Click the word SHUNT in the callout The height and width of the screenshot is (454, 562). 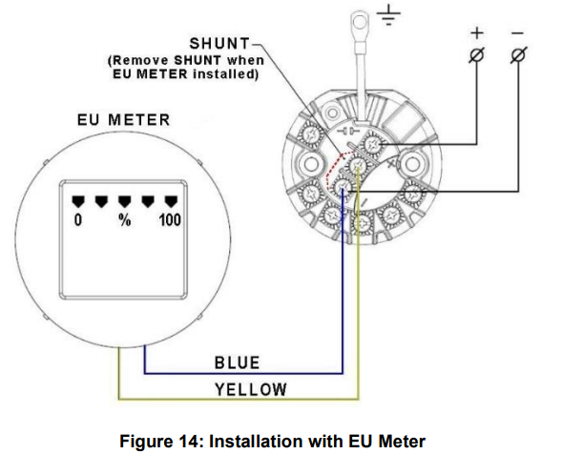219,44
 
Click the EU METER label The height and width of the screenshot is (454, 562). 124,120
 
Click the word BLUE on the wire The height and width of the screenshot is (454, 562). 237,362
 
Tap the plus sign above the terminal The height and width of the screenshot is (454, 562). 477,32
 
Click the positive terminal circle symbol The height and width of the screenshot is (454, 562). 477,55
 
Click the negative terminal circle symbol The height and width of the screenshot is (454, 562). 517,55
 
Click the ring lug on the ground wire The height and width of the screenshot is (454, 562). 361,19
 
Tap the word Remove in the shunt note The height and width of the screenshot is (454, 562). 142,59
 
